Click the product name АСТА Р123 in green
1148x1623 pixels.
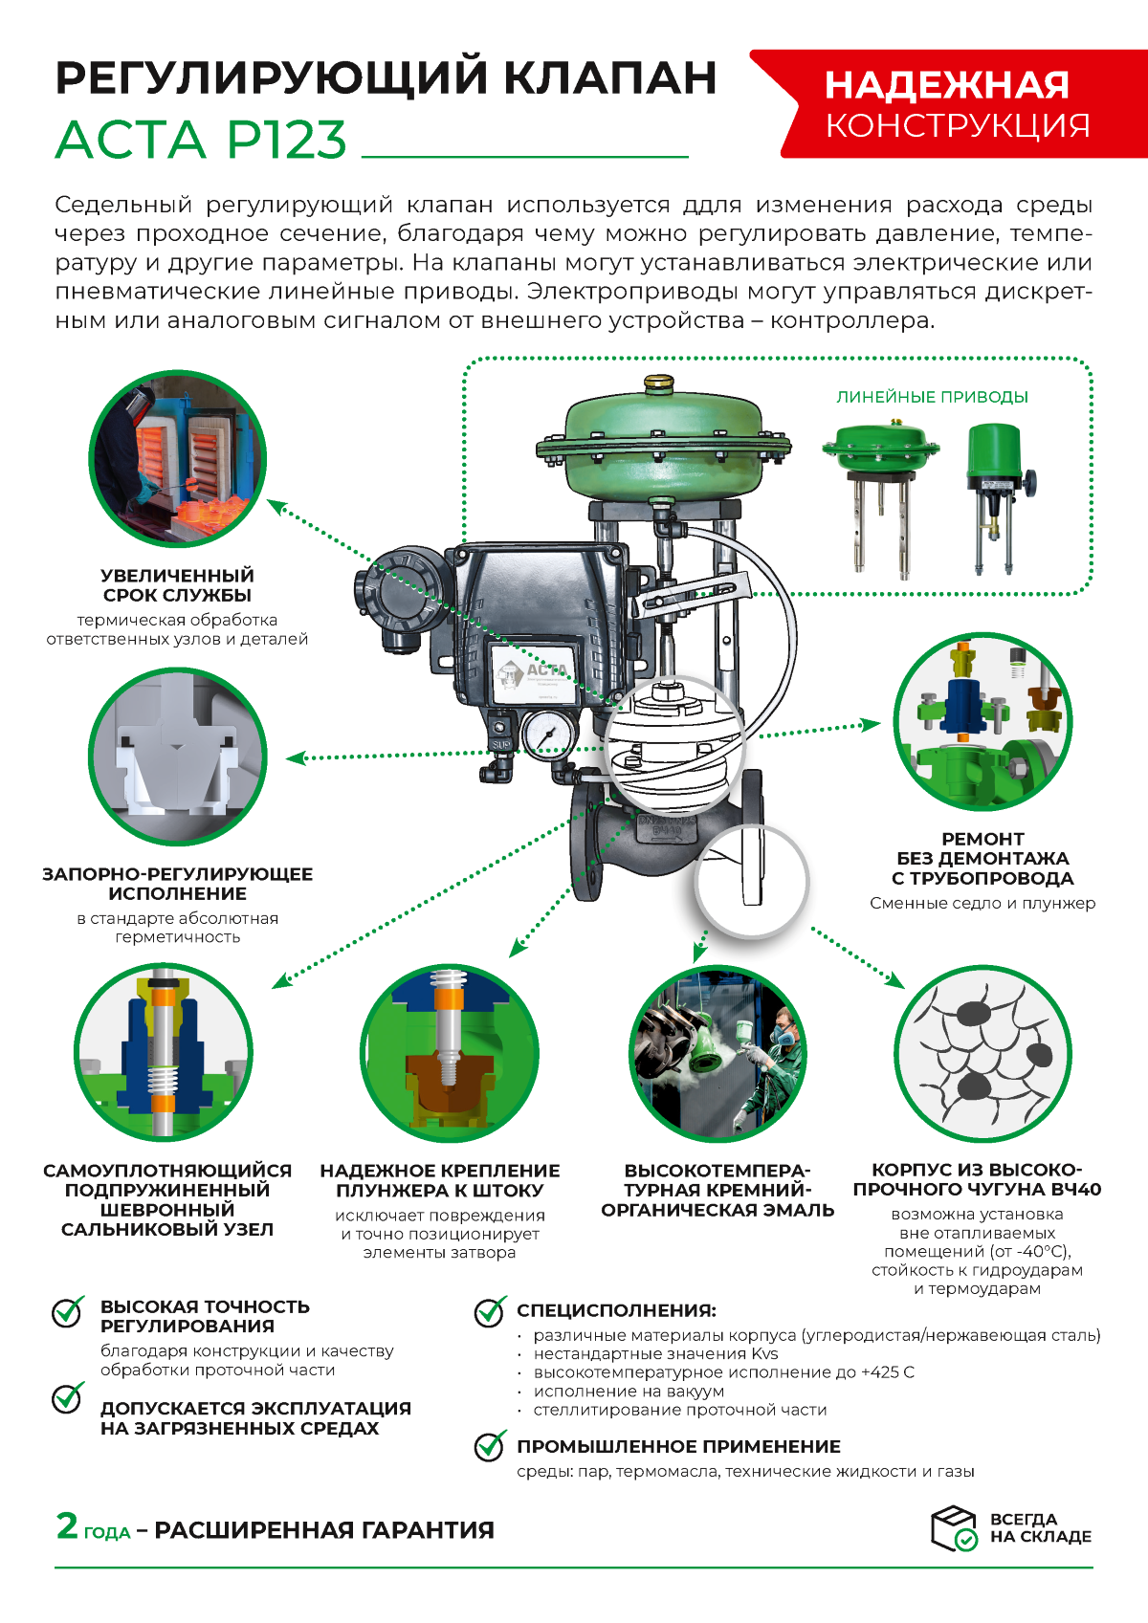click(201, 139)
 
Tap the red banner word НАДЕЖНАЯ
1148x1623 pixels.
click(946, 85)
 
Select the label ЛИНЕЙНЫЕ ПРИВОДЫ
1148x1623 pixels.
click(932, 397)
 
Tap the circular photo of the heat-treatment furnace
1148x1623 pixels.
click(178, 459)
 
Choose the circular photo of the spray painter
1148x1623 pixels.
click(717, 1054)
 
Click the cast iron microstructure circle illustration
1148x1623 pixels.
click(982, 1054)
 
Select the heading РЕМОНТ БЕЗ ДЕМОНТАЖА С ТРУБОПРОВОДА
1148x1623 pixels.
click(982, 859)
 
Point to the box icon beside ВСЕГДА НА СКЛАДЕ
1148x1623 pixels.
click(954, 1528)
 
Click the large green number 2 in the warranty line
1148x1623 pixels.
click(67, 1525)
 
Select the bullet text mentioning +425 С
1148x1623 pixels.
click(723, 1372)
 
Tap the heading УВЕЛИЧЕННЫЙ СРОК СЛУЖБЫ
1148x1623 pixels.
click(178, 585)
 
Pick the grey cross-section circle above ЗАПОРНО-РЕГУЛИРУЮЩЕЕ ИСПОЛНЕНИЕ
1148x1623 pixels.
click(178, 757)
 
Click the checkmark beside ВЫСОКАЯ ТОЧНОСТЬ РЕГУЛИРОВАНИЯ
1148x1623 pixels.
click(68, 1311)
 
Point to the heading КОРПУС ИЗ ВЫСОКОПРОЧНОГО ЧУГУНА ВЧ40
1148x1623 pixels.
click(977, 1179)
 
